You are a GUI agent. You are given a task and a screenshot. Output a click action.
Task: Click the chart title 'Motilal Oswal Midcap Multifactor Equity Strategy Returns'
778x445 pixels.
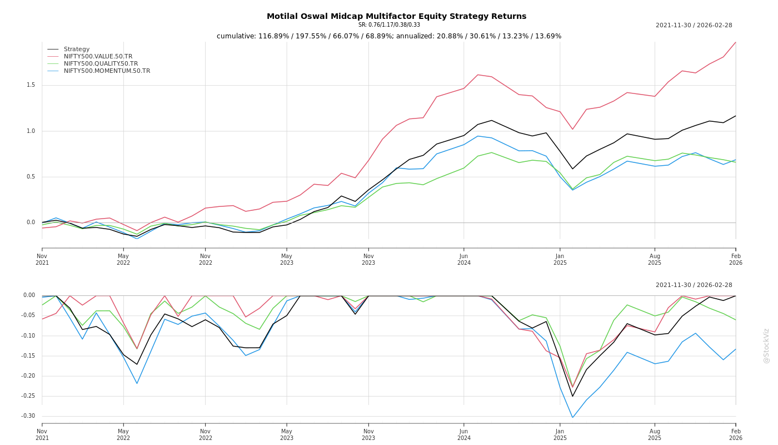point(396,16)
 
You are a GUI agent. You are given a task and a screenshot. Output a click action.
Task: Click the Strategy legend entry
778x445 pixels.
point(77,49)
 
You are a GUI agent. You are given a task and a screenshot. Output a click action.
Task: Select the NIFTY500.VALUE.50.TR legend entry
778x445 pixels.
point(98,56)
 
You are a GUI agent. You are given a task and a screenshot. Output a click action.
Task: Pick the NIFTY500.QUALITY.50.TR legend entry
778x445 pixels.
point(101,63)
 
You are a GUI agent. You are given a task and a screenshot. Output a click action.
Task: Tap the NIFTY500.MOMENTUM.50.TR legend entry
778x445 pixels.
point(107,71)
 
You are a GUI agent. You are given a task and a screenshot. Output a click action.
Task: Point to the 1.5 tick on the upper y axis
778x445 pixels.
point(31,85)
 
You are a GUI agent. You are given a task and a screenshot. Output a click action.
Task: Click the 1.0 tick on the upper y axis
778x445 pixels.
point(31,131)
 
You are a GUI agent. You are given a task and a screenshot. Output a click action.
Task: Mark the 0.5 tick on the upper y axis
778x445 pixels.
point(31,177)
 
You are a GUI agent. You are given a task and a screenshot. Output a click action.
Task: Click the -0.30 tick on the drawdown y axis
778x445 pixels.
point(29,416)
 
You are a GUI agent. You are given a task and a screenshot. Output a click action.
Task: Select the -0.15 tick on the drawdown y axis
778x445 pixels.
point(29,356)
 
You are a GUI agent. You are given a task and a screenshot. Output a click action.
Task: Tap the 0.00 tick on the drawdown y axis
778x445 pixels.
point(29,295)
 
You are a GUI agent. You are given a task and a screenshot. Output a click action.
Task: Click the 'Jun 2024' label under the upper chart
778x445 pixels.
point(464,259)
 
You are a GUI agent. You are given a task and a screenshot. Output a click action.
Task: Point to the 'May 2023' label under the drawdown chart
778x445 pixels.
point(287,434)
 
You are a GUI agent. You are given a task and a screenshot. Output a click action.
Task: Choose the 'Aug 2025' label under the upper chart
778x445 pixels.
point(655,259)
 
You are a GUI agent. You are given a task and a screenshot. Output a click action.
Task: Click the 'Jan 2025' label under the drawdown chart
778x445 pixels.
point(560,434)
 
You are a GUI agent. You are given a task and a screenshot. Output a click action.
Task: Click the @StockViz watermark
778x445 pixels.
point(766,345)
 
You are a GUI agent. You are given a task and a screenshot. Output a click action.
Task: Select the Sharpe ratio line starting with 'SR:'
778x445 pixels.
point(389,24)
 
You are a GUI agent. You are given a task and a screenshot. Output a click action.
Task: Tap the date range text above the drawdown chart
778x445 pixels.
point(694,285)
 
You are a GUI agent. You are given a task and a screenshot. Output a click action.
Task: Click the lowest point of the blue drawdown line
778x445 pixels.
point(572,417)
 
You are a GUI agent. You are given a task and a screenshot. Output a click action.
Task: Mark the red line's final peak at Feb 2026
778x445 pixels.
point(735,42)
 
